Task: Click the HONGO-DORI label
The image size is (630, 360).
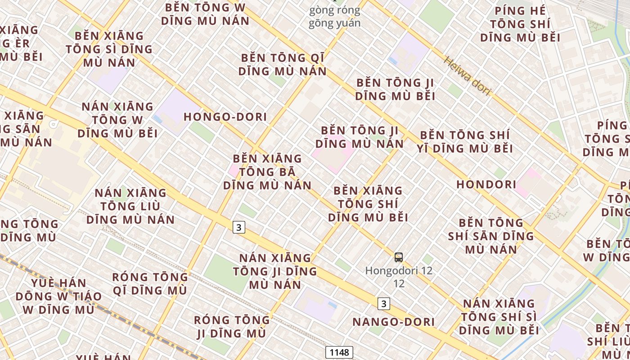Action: pyautogui.click(x=225, y=117)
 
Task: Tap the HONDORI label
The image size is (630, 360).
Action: pyautogui.click(x=486, y=184)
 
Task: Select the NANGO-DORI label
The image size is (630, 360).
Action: pyautogui.click(x=393, y=322)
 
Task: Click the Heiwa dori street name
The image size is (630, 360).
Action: pyautogui.click(x=468, y=76)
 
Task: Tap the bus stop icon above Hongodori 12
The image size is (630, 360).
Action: pyautogui.click(x=399, y=257)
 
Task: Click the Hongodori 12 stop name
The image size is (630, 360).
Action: pyautogui.click(x=399, y=271)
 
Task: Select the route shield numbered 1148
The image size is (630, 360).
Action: pyautogui.click(x=339, y=352)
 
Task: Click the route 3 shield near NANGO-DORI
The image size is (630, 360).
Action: pyautogui.click(x=383, y=304)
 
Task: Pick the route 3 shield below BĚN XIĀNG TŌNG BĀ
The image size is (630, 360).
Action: pyautogui.click(x=238, y=227)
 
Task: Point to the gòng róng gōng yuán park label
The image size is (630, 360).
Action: pyautogui.click(x=334, y=17)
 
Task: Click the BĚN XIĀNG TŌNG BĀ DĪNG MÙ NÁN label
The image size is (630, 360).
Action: pyautogui.click(x=267, y=172)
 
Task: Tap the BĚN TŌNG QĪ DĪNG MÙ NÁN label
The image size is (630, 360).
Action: pyautogui.click(x=282, y=64)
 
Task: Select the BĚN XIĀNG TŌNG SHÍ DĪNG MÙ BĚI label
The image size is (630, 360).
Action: pyautogui.click(x=368, y=204)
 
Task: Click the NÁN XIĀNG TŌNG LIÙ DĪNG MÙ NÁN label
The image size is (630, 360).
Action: pyautogui.click(x=130, y=206)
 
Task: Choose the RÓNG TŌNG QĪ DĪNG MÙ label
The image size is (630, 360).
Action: pyautogui.click(x=149, y=283)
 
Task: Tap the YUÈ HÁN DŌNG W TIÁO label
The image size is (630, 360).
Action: pyautogui.click(x=58, y=296)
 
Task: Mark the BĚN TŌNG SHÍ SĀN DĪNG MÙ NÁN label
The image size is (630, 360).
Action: pyautogui.click(x=490, y=236)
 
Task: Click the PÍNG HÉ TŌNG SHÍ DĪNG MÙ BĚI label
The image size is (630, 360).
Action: pyautogui.click(x=520, y=24)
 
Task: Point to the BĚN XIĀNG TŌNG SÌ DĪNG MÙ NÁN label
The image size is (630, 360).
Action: pyautogui.click(x=109, y=49)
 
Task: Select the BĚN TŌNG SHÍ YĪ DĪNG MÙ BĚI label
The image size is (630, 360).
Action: pyautogui.click(x=465, y=141)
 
